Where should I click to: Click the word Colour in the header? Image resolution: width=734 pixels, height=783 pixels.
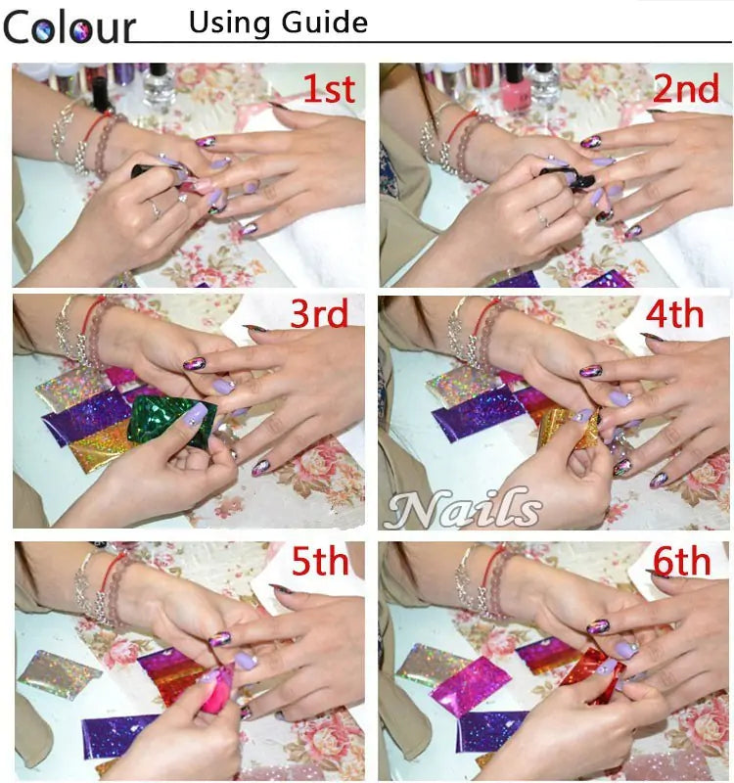(x=69, y=26)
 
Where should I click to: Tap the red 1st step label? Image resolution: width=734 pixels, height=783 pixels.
(x=328, y=89)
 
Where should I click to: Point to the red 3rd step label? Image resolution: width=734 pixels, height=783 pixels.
(x=319, y=314)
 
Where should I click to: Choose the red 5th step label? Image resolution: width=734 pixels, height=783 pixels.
(x=320, y=562)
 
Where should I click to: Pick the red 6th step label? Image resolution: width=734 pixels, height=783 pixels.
(x=681, y=562)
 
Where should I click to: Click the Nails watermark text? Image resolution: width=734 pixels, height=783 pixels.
(x=464, y=509)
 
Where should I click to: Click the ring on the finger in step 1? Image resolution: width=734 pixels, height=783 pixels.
(x=154, y=207)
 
